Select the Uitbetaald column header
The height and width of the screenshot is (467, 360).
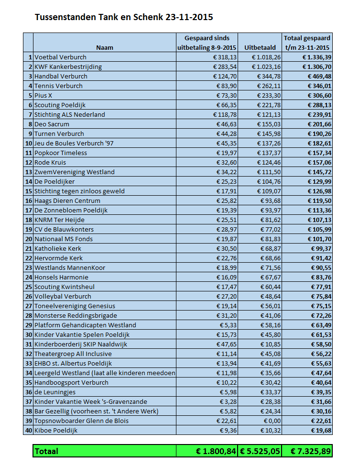point(260,47)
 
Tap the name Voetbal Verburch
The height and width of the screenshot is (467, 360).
point(61,57)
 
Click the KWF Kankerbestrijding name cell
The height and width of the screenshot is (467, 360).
point(68,67)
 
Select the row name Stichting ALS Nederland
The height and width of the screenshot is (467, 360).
point(70,114)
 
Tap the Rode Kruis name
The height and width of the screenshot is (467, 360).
point(50,162)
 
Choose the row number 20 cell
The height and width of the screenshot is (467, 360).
point(29,239)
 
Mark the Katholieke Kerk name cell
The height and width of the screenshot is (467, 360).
point(58,248)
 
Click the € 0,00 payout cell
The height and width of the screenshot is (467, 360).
point(270,421)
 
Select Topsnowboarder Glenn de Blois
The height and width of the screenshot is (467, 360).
point(81,421)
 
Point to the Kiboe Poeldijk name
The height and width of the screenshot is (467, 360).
point(55,430)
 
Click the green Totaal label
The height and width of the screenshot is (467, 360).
point(46,451)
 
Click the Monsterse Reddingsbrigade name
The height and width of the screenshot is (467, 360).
point(76,315)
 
